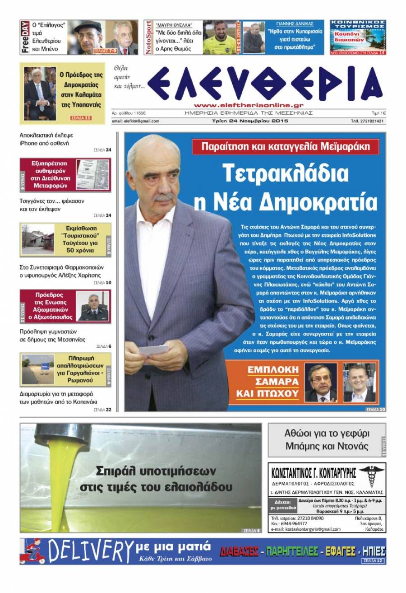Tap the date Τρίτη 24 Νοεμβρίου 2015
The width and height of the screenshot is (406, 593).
tap(250, 121)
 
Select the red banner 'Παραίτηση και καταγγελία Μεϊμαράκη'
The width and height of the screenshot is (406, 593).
tap(285, 146)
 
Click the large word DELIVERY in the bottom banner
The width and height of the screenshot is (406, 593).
tap(90, 551)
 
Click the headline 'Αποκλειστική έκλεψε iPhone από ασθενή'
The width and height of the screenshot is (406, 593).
tap(46, 139)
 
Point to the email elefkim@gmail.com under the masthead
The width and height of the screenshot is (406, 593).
tap(135, 121)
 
